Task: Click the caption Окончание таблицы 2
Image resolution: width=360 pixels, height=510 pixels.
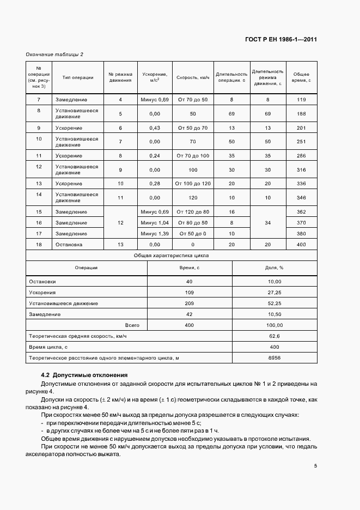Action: (54, 54)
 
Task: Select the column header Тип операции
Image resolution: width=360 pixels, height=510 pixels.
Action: (78, 77)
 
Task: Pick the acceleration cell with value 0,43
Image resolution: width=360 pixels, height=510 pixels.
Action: (155, 128)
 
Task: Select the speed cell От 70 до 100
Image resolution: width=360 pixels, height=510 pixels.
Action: (193, 156)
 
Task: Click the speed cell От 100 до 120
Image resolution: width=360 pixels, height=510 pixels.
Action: (193, 184)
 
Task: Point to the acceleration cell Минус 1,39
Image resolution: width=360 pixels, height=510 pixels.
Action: (155, 234)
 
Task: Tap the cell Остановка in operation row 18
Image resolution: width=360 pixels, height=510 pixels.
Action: (69, 245)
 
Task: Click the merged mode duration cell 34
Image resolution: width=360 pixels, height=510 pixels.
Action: (267, 222)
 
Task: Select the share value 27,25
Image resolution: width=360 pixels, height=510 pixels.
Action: (274, 293)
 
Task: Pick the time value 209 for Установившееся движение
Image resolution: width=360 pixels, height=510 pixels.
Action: (190, 303)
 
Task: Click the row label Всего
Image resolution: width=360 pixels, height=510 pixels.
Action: (132, 325)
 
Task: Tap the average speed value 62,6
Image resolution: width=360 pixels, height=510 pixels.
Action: (274, 336)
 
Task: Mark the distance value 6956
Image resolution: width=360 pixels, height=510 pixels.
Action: (274, 358)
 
